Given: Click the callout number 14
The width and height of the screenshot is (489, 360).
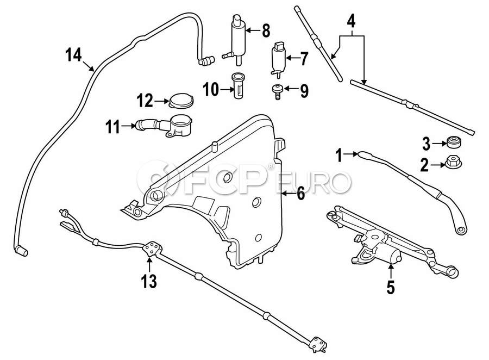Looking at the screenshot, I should click(x=73, y=55).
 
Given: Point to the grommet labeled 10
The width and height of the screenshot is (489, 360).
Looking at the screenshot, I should click(x=238, y=85).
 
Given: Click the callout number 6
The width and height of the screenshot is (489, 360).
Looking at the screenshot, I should click(x=300, y=194).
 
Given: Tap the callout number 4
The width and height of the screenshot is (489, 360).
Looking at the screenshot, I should click(x=352, y=22).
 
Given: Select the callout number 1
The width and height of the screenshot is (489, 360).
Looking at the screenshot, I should click(x=339, y=157).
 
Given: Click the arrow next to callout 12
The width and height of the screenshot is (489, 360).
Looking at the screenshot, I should click(x=161, y=101).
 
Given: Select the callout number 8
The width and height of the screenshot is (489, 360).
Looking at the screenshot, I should click(x=265, y=30).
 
